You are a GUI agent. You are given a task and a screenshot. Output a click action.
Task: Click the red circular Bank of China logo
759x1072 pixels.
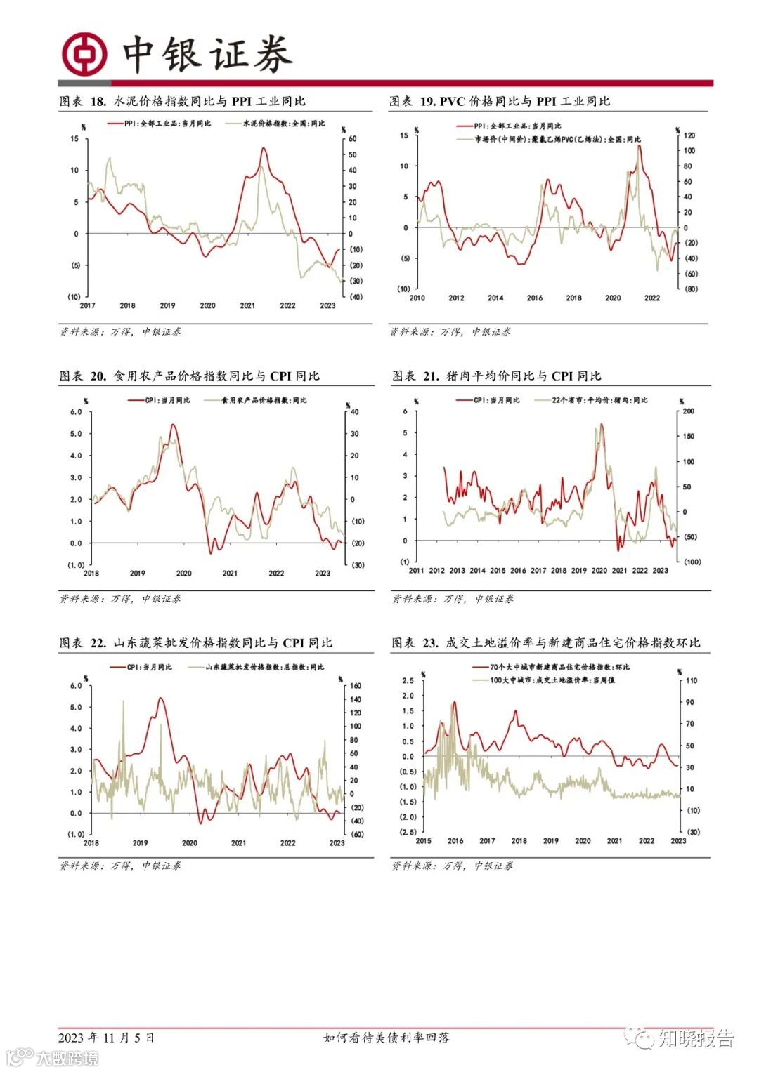[x=84, y=54]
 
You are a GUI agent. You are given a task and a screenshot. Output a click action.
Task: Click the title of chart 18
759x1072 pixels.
[x=182, y=102]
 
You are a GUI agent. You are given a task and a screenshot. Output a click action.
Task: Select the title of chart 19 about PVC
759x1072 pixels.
[x=500, y=102]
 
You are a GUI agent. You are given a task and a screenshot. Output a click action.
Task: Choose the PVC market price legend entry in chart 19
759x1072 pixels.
[x=549, y=140]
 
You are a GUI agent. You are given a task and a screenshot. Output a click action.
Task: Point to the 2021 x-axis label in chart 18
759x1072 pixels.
[x=247, y=306]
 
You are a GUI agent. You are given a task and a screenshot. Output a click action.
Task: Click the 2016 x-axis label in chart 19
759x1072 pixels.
[x=534, y=298]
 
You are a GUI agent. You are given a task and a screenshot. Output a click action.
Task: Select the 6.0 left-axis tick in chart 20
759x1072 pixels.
[x=75, y=412]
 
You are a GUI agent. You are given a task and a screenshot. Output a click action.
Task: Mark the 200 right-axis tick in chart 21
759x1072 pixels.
[x=689, y=412]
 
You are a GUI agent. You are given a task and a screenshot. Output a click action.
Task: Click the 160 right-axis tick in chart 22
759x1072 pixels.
[x=356, y=686]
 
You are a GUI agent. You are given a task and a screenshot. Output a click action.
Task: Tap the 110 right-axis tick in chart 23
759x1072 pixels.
[x=692, y=681]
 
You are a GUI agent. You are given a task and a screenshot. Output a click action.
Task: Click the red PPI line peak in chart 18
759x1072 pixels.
[x=263, y=148]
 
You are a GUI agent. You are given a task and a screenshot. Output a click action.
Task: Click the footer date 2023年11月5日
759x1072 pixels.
[x=106, y=1038]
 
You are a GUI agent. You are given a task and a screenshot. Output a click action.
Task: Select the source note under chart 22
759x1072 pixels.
[x=119, y=866]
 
